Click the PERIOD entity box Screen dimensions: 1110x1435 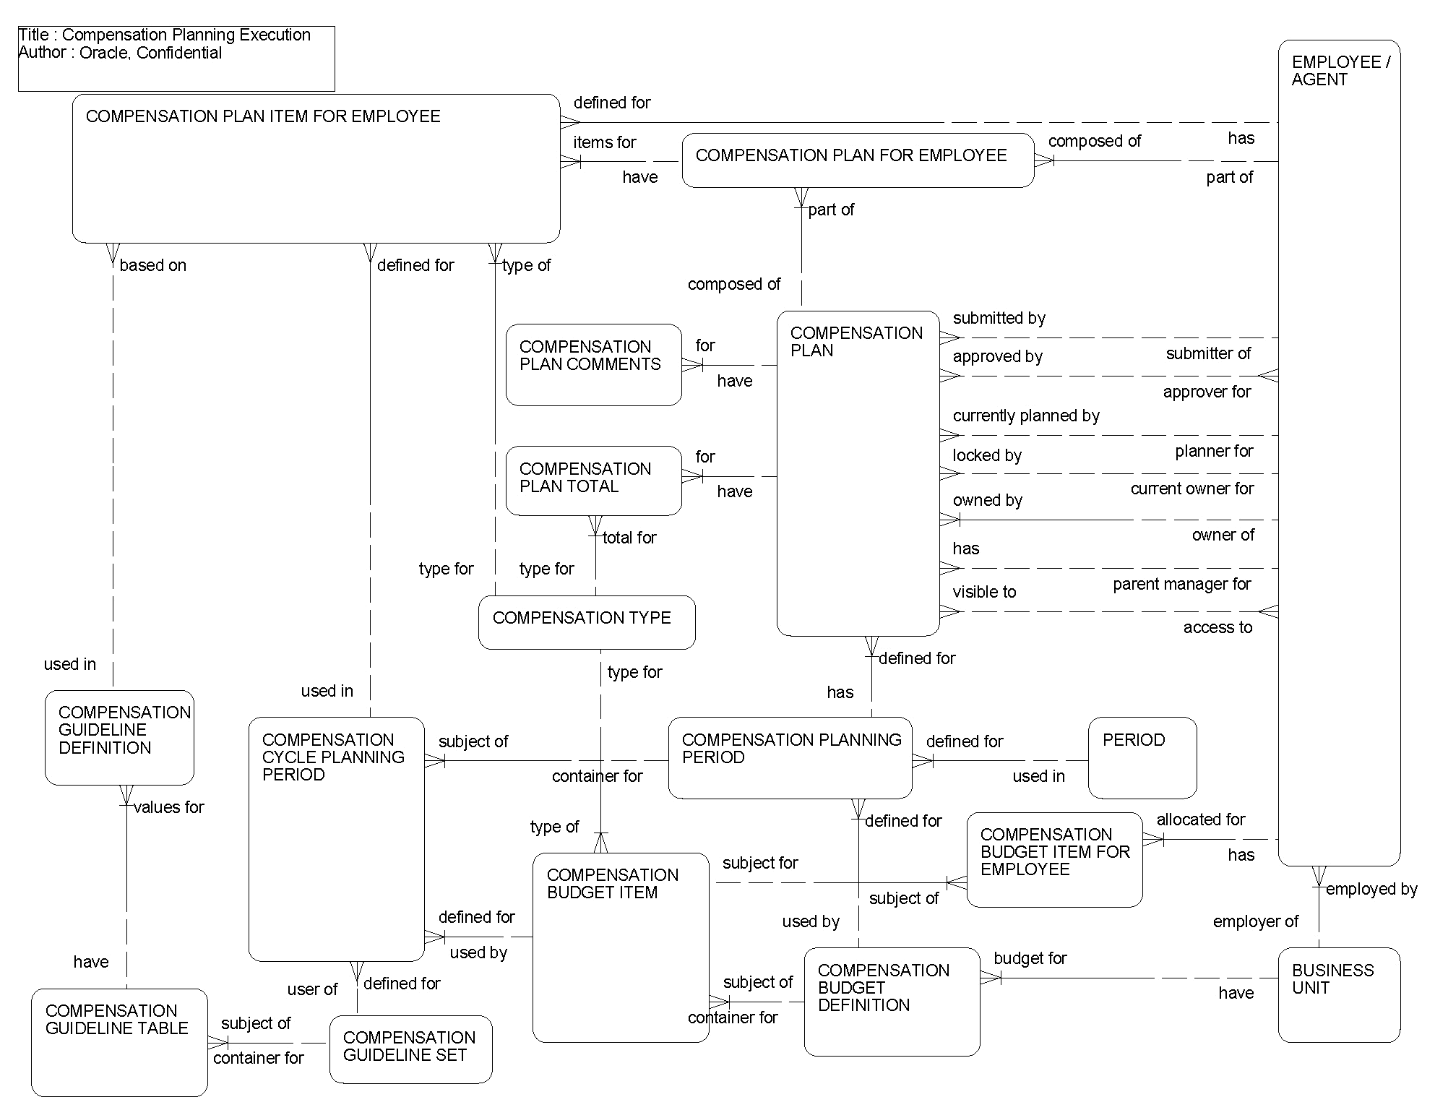click(1142, 757)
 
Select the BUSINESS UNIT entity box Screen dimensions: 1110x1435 click(1338, 994)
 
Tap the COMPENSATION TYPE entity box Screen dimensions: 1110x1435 click(586, 622)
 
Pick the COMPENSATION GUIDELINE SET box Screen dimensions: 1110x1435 click(410, 1049)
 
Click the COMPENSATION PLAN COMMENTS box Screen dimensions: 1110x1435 click(593, 364)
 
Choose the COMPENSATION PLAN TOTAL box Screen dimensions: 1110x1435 click(593, 480)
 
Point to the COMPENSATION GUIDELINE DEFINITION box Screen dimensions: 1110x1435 click(119, 737)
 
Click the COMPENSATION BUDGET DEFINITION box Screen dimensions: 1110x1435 click(892, 1002)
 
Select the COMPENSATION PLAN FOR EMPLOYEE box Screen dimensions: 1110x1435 click(858, 160)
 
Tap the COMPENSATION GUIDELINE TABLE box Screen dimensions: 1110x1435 click(119, 1042)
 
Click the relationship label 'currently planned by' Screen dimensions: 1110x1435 click(1026, 416)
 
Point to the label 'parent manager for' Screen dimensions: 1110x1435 click(1181, 584)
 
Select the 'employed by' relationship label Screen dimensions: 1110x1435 click(1371, 890)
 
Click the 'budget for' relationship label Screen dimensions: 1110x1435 click(1030, 959)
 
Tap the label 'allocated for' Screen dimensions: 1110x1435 click(1201, 820)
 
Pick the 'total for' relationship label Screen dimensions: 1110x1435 click(629, 538)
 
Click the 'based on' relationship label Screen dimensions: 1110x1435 click(153, 266)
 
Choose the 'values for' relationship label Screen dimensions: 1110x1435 click(169, 807)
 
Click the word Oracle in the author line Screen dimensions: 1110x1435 click(104, 53)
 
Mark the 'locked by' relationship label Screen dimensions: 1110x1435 click(987, 456)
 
